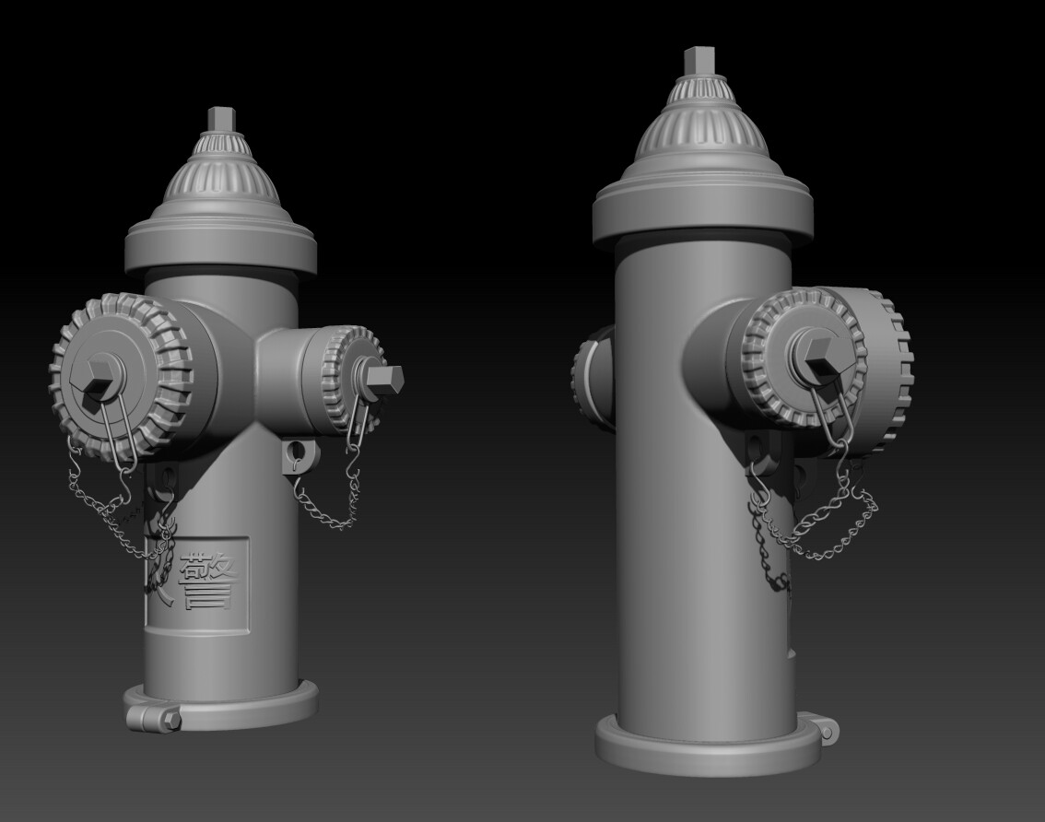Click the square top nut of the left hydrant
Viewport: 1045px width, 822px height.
[x=222, y=120]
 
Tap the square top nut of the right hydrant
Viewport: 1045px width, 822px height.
[x=700, y=63]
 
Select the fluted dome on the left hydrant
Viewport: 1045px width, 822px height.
[x=221, y=175]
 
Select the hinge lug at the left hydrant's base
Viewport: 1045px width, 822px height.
[x=151, y=715]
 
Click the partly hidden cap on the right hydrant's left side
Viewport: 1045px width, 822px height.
[x=591, y=378]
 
